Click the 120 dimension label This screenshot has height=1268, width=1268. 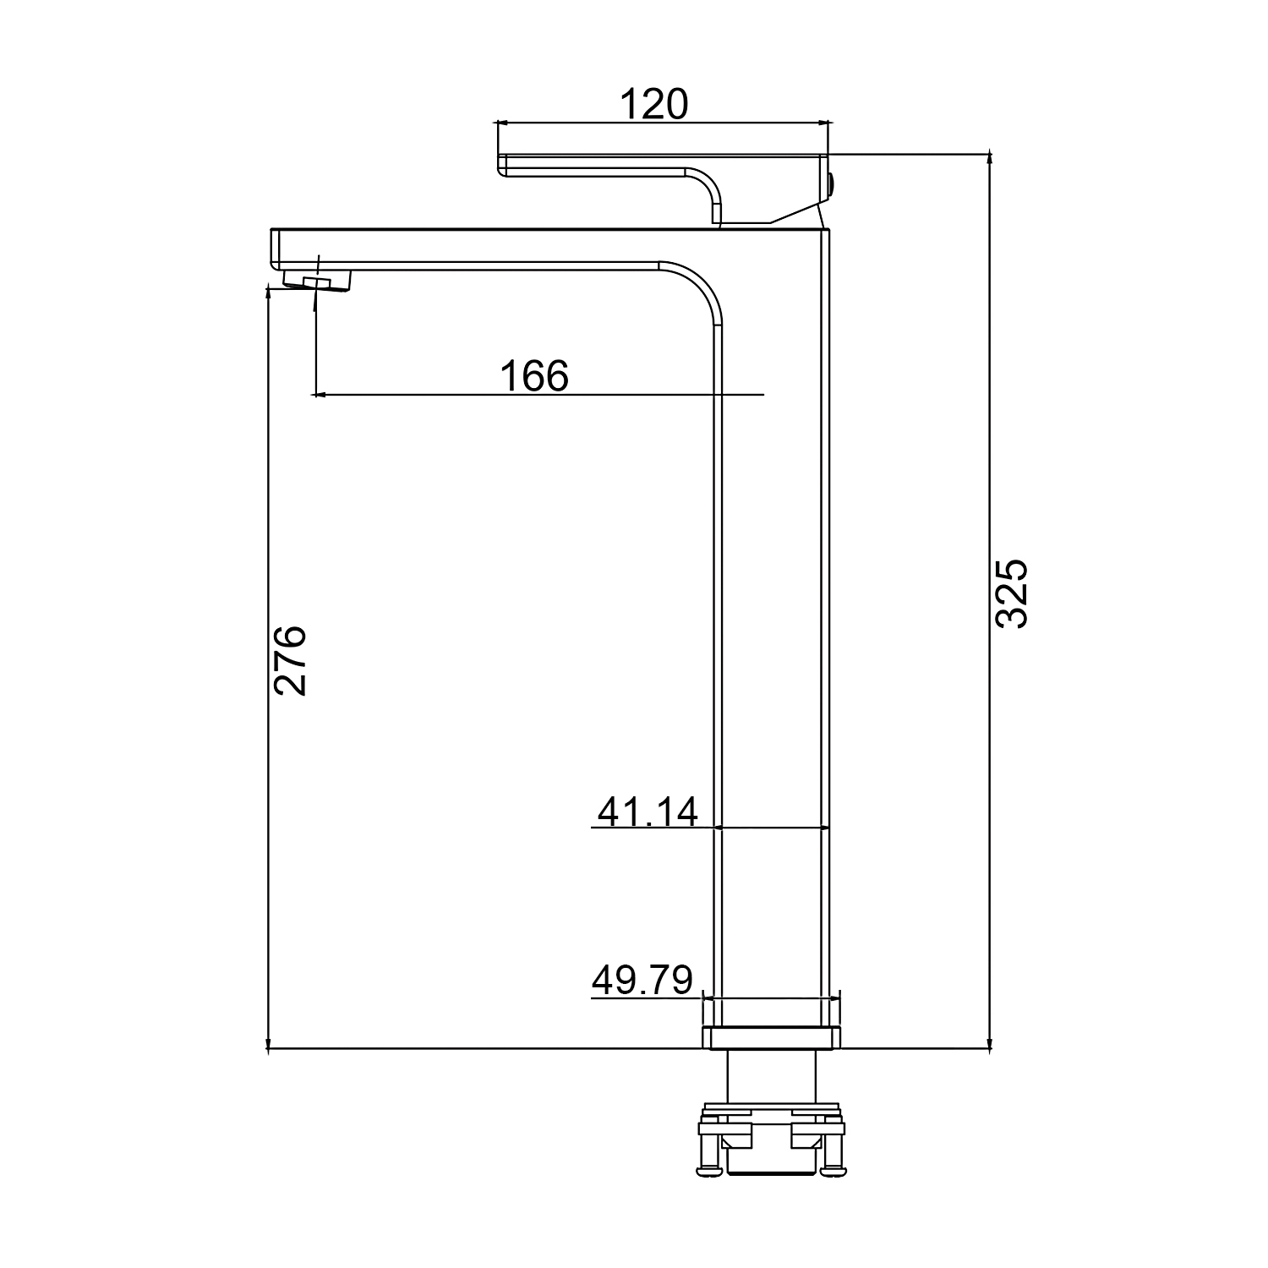[x=654, y=104]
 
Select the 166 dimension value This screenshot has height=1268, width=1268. [x=534, y=375]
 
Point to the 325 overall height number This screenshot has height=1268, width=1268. [x=1011, y=593]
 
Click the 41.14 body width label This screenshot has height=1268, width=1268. [x=648, y=812]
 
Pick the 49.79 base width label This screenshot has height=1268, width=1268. [x=642, y=980]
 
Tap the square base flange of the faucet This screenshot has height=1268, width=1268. [x=772, y=1037]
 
